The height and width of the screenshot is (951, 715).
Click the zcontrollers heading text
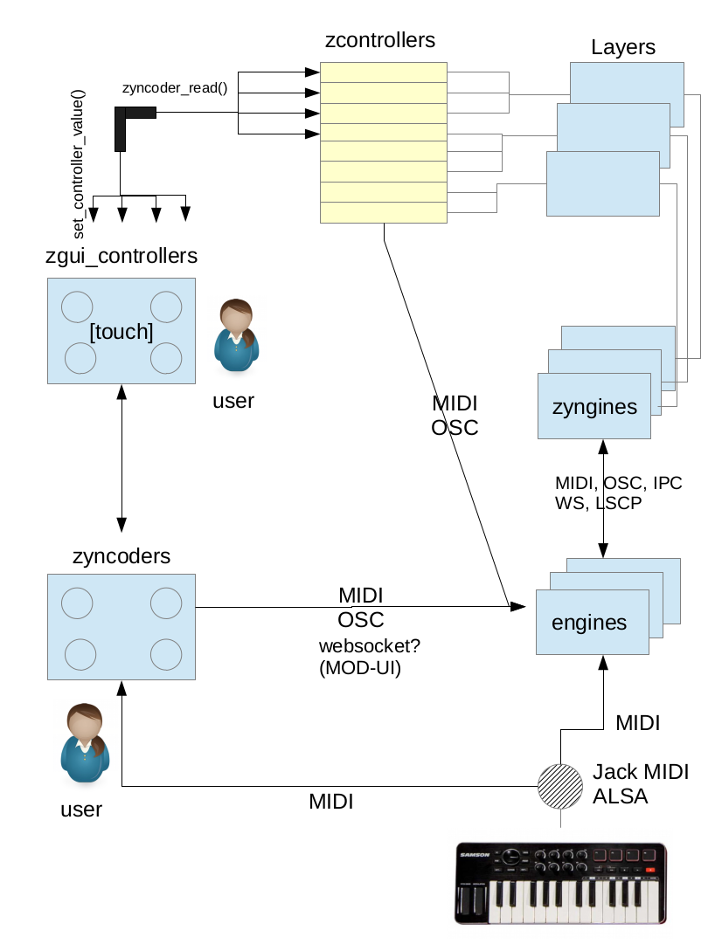click(378, 40)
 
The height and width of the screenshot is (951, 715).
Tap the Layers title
click(623, 47)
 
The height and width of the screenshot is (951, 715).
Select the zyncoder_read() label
click(175, 89)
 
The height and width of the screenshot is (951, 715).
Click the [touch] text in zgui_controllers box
click(121, 333)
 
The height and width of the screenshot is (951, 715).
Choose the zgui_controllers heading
click(121, 257)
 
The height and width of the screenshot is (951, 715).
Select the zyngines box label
click(594, 407)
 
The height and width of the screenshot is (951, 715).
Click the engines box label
click(589, 623)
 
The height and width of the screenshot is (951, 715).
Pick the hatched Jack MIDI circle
click(559, 787)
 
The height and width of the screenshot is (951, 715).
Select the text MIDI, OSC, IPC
click(618, 484)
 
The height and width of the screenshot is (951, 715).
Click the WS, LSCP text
click(599, 504)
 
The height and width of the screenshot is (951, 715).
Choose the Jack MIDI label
click(641, 772)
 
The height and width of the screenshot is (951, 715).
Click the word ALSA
click(621, 796)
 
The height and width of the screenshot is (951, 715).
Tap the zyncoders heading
click(121, 556)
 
